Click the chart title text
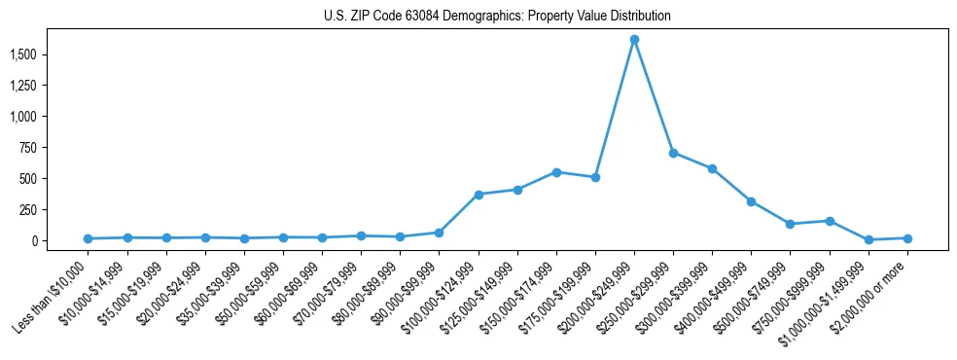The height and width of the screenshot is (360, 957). [x=497, y=17]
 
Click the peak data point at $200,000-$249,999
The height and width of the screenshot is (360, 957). [x=634, y=40]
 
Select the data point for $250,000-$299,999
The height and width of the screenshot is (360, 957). [x=673, y=153]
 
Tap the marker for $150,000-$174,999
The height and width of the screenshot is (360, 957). [x=556, y=172]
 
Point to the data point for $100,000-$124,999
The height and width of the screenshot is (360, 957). [x=478, y=195]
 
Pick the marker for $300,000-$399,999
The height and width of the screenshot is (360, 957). [x=712, y=168]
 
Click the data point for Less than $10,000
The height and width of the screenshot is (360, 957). [x=89, y=238]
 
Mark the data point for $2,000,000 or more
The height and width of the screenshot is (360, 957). [x=907, y=238]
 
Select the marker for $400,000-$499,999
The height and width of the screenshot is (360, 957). [x=751, y=201]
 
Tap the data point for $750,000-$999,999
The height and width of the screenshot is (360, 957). [x=830, y=221]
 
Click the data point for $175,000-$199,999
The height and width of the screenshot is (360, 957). [x=595, y=177]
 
